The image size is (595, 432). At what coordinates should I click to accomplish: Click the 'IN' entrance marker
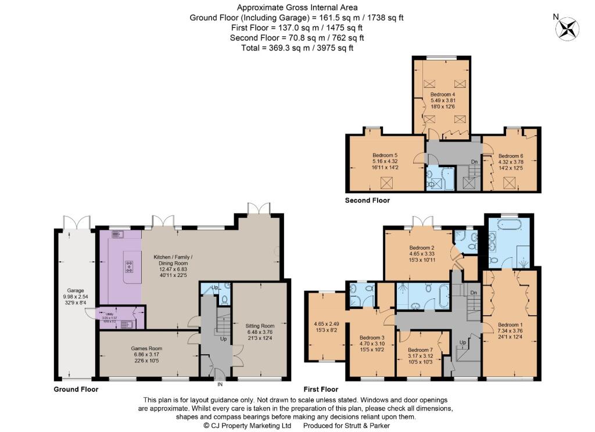[x=220, y=384]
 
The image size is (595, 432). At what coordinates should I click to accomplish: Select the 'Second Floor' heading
[x=367, y=200]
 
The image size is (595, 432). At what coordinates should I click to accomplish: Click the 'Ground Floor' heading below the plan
[x=76, y=389]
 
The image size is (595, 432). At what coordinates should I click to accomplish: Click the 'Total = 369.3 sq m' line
[x=297, y=48]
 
